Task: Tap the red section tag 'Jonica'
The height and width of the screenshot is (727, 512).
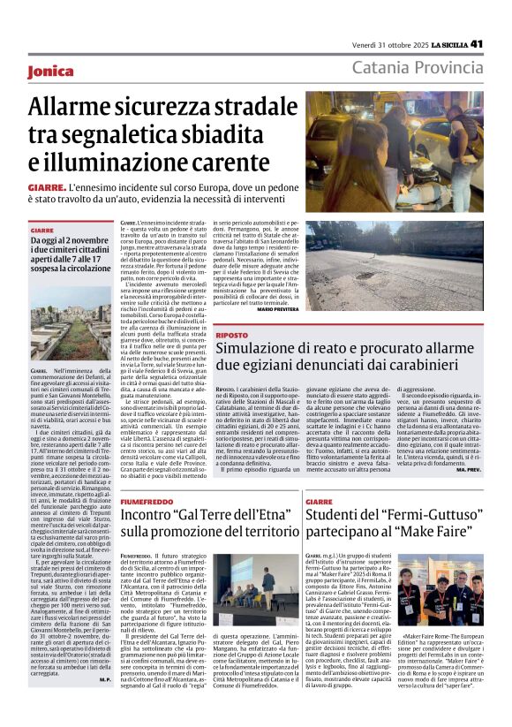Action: point(50,71)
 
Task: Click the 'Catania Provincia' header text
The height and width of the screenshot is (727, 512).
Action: point(417,68)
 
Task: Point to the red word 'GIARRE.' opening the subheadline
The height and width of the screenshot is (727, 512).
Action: point(48,187)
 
